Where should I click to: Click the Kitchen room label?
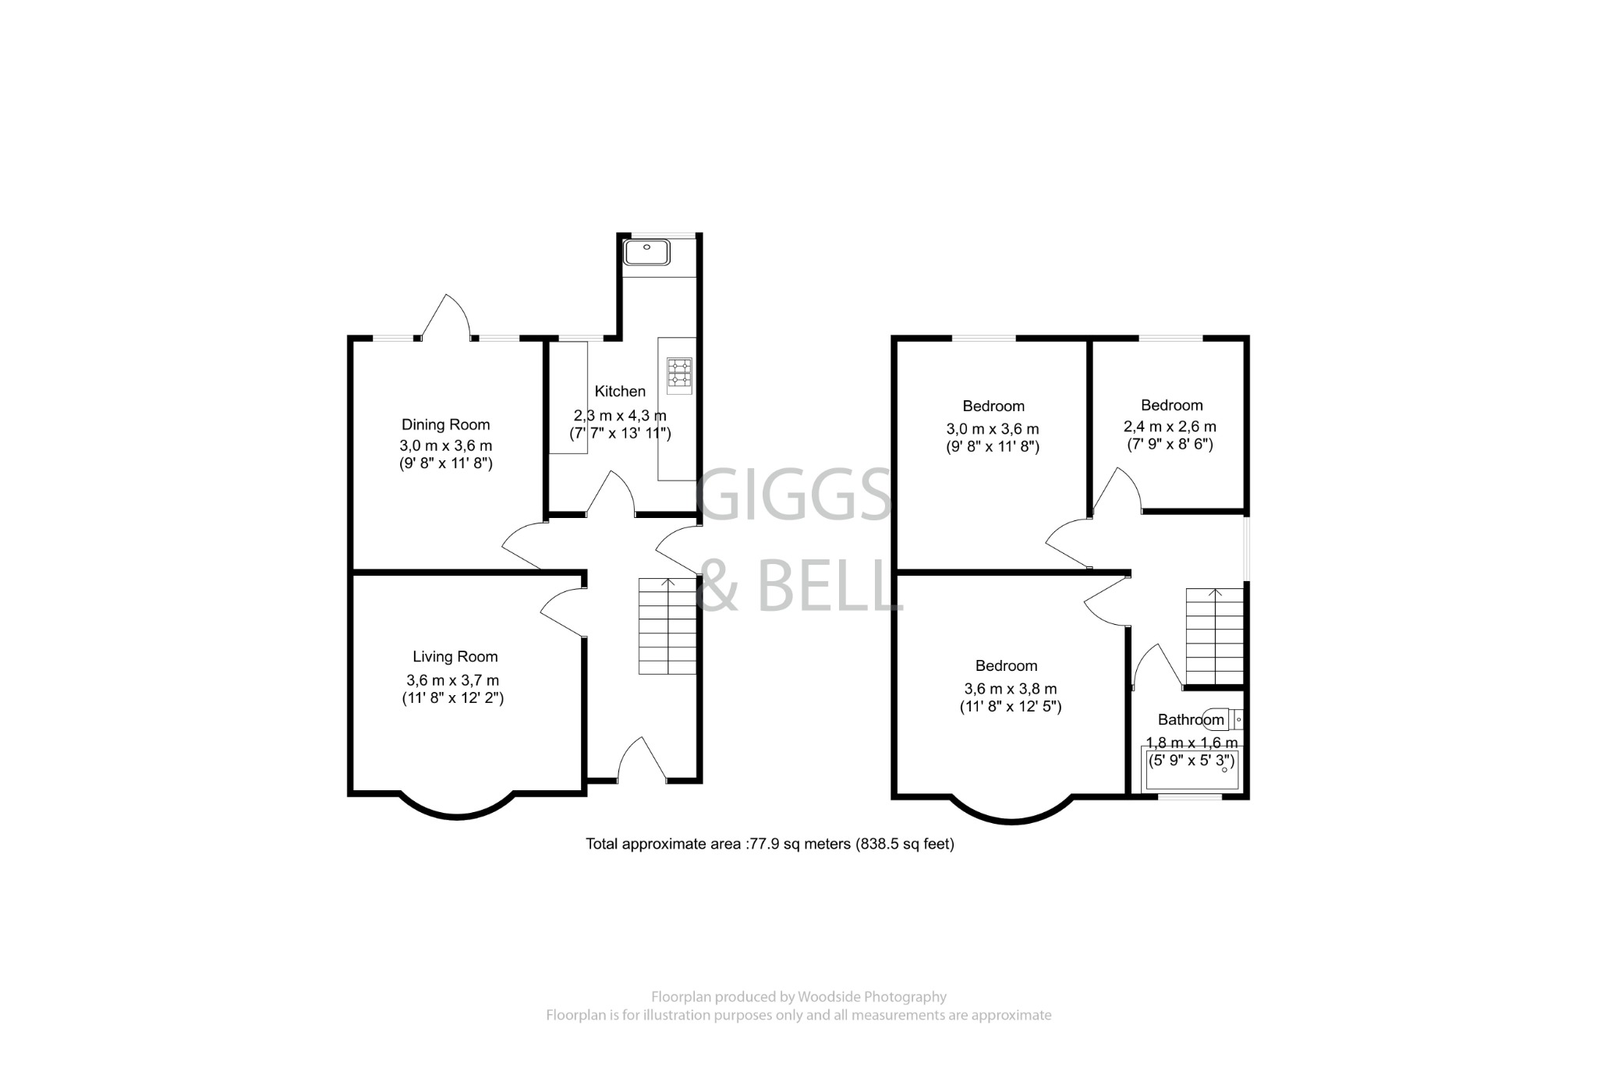[x=620, y=391]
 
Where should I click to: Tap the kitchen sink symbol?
[x=646, y=252]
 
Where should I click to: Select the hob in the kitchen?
[x=679, y=372]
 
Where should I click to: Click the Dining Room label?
[x=445, y=424]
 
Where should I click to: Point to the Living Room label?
[x=455, y=657]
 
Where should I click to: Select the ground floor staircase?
[x=667, y=626]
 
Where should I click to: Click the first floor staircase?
[x=1214, y=636]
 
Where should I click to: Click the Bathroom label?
[x=1190, y=720]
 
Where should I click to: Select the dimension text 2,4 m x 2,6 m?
[x=1170, y=427]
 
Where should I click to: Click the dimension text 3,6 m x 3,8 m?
[x=1011, y=689]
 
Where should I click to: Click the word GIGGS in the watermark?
[x=793, y=495]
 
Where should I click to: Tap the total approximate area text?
[x=770, y=844]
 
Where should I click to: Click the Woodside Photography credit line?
[x=798, y=997]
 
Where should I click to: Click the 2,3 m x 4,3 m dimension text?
[x=620, y=415]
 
